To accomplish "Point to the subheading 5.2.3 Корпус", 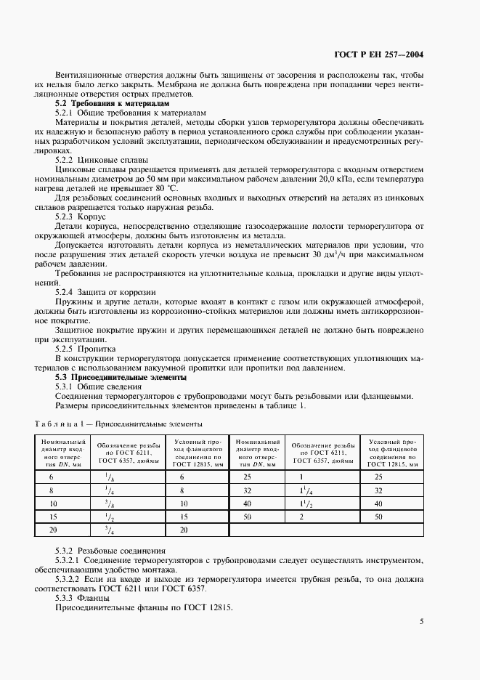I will point(81,216).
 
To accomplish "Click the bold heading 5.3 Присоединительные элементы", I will point(121,378).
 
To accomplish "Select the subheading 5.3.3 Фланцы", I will point(84,597).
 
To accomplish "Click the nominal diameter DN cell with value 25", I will point(247,477).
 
